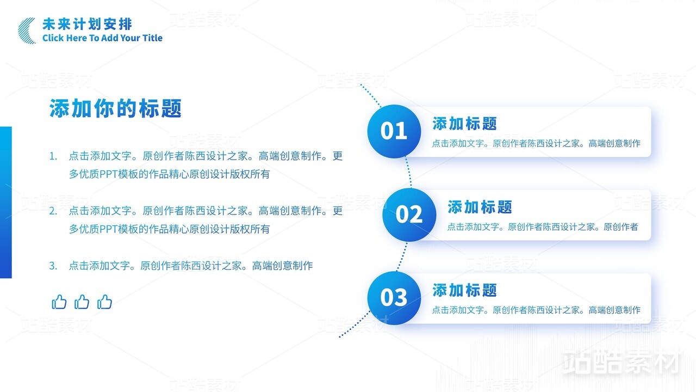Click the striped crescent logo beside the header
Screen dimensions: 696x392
tap(24, 31)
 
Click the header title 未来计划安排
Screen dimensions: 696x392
tap(88, 24)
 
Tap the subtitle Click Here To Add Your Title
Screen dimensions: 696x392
tap(102, 38)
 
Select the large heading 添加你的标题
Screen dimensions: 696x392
tap(115, 108)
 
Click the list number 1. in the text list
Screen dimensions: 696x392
tap(53, 156)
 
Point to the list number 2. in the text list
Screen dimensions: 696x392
tap(53, 211)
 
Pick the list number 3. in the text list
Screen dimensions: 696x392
tap(53, 266)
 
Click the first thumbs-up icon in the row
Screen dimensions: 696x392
tap(59, 302)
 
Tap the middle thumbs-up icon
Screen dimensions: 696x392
tap(82, 302)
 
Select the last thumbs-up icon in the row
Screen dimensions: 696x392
tap(104, 302)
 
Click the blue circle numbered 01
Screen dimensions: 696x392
tap(394, 131)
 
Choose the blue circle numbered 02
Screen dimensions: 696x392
tap(409, 215)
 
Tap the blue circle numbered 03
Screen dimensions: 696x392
tap(394, 298)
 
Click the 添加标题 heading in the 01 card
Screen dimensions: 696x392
tap(464, 124)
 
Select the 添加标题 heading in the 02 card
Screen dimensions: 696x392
tap(480, 207)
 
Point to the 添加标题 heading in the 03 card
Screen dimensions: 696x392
tap(464, 290)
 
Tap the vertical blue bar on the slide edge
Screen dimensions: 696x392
tap(6, 202)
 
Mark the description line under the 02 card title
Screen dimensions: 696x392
tap(543, 227)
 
